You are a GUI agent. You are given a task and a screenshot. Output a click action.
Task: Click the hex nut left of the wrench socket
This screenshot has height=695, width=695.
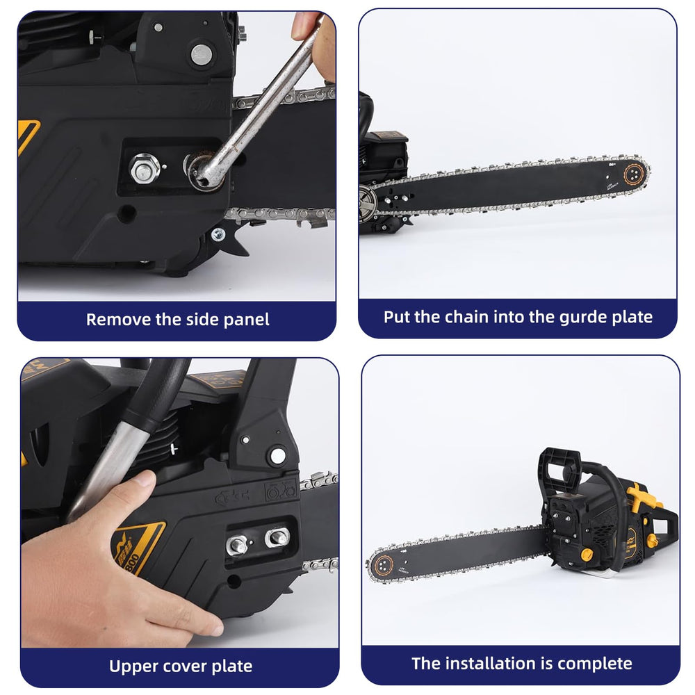tap(144, 168)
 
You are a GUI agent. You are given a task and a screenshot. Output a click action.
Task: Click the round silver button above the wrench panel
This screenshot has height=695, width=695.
tap(202, 54)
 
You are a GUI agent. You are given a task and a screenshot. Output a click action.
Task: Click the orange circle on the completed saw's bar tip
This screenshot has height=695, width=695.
tap(383, 565)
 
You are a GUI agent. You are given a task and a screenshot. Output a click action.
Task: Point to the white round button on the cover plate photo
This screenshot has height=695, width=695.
tap(278, 456)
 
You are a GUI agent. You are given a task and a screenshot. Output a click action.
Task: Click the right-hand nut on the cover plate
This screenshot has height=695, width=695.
tap(277, 537)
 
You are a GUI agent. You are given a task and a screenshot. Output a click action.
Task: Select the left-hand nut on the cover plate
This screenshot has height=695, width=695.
tap(237, 545)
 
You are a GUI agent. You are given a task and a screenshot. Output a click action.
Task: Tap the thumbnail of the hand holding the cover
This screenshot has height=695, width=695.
tap(144, 480)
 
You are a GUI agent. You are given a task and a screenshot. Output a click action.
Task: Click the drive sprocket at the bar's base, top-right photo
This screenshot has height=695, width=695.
tap(368, 202)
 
